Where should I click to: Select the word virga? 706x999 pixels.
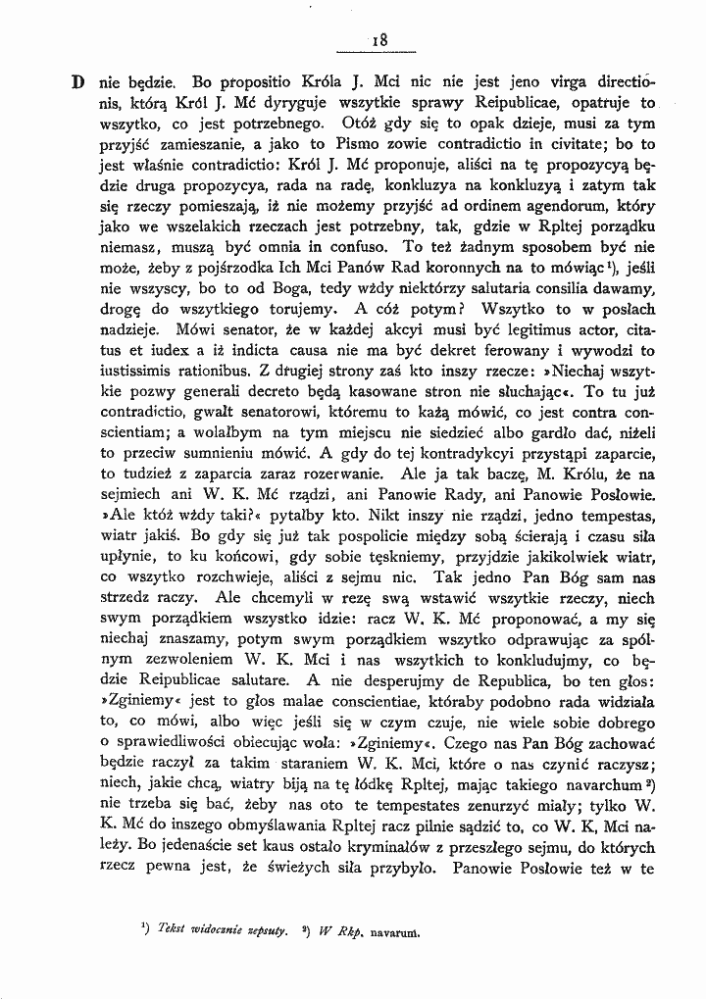point(536,80)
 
